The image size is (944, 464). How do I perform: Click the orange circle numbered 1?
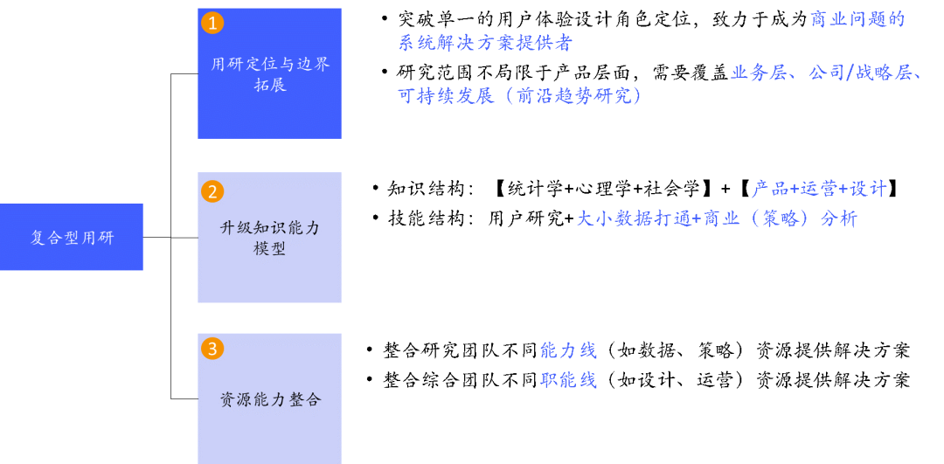click(x=212, y=23)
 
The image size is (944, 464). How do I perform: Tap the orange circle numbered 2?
click(x=212, y=191)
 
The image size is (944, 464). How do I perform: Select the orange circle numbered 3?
click(x=212, y=349)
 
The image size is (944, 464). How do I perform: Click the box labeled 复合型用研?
click(x=72, y=237)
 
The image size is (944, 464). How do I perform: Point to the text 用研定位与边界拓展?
click(x=270, y=74)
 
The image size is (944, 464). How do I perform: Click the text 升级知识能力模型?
click(x=270, y=238)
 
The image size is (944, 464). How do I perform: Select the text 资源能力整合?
click(x=270, y=399)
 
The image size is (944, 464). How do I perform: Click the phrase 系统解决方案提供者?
click(x=485, y=43)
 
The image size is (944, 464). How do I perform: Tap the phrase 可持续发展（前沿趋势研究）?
click(x=521, y=96)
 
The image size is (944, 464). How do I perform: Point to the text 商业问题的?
click(x=857, y=19)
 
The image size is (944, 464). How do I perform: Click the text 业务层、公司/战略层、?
click(x=827, y=73)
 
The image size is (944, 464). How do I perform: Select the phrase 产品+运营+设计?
click(x=819, y=189)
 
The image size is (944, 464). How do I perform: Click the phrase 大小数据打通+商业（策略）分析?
click(x=717, y=218)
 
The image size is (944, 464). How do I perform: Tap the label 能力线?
click(x=568, y=350)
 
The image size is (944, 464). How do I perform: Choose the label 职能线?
click(x=568, y=380)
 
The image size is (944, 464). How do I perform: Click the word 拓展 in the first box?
click(x=270, y=86)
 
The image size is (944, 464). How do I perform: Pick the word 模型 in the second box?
click(x=270, y=249)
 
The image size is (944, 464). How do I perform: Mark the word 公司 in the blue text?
click(x=825, y=73)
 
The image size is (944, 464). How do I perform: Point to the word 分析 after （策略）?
click(x=838, y=218)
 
